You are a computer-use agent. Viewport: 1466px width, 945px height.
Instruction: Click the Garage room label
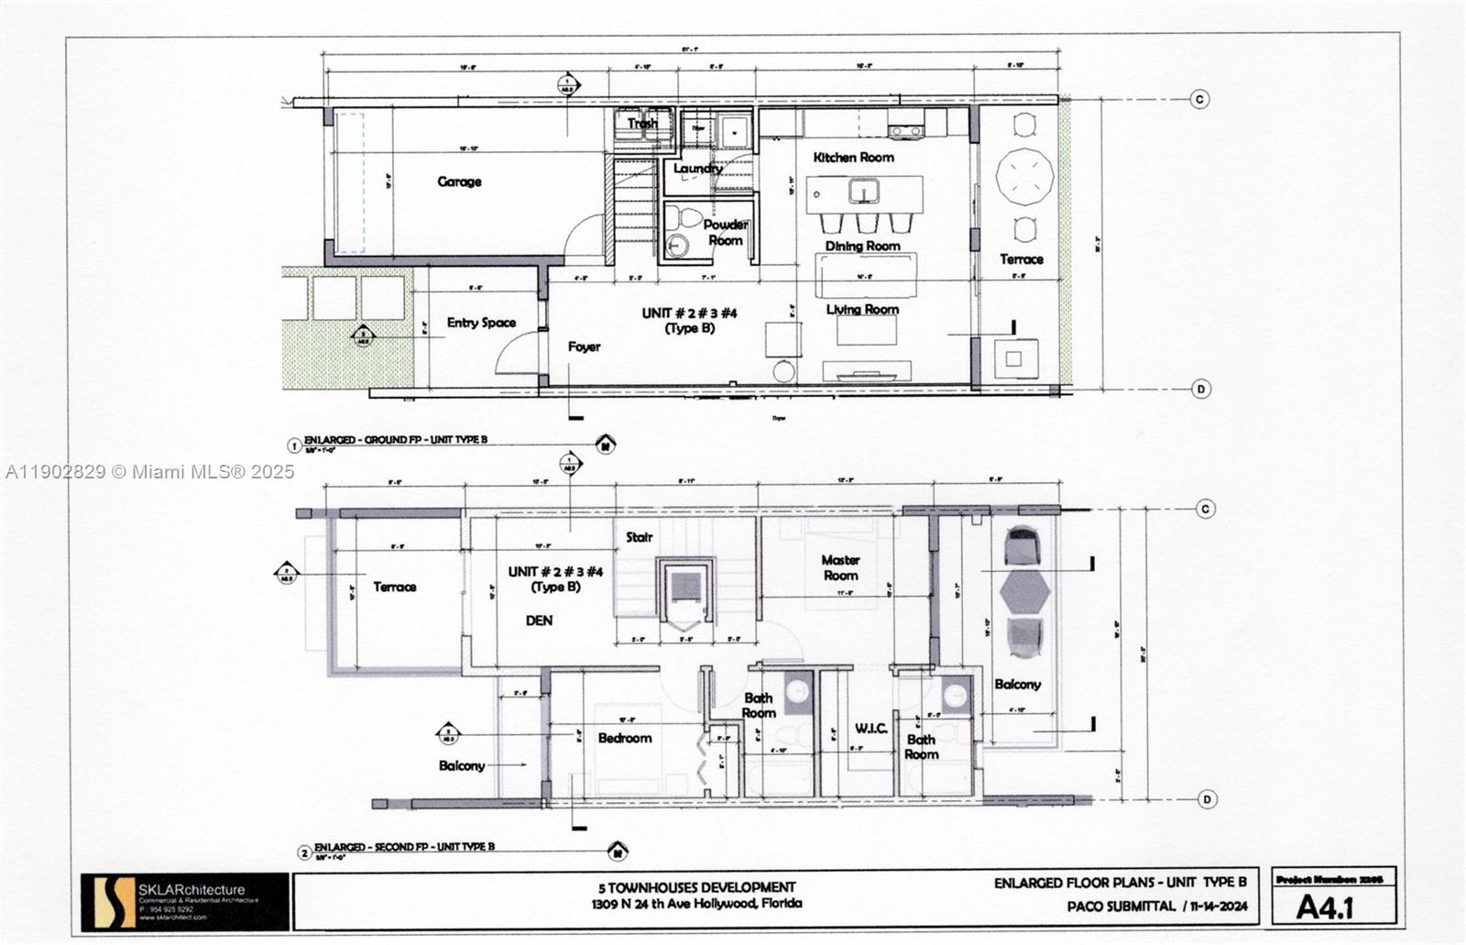coord(459,181)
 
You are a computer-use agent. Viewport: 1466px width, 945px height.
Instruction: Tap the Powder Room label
coord(725,232)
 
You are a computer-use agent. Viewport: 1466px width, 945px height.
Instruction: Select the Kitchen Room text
coord(853,158)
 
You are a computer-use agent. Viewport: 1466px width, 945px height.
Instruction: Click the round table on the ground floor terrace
coord(1024,176)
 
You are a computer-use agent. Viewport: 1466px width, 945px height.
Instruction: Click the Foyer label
coord(584,346)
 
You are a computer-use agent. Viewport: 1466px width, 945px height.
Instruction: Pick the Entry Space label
coord(481,323)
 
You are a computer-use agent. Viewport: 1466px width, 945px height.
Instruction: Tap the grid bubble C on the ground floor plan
coord(1199,99)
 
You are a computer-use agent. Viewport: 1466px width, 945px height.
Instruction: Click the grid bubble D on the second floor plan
coord(1207,799)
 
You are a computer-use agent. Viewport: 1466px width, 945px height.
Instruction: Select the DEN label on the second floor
coord(539,621)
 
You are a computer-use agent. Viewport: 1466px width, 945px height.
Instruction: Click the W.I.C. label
coord(870,728)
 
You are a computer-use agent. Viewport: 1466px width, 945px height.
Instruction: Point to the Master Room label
coord(840,567)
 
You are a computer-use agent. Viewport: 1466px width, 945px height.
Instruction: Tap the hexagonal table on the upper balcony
coord(1024,593)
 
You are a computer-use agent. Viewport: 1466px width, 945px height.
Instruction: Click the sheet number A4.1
coord(1325,907)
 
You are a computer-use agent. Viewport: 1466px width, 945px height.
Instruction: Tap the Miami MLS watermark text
coord(150,471)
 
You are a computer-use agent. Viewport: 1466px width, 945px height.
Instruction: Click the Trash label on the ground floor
coord(642,123)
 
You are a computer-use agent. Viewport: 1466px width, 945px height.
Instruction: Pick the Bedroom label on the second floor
coord(625,738)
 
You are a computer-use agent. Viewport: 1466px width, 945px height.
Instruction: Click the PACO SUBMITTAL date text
coord(1156,907)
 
